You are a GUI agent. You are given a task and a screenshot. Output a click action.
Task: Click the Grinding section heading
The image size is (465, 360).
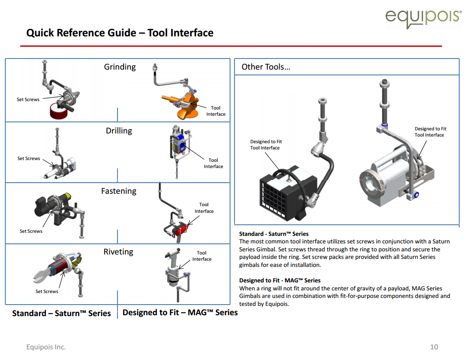click(120, 67)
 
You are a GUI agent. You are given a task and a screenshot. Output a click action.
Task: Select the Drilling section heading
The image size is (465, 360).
click(119, 131)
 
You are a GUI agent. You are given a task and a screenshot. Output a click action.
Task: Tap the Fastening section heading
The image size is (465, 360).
click(118, 191)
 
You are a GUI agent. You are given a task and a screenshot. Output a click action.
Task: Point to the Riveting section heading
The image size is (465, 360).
click(118, 252)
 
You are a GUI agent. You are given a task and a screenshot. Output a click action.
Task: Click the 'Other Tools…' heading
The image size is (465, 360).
click(266, 67)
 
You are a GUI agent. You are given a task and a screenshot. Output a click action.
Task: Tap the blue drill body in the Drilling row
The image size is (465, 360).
click(181, 144)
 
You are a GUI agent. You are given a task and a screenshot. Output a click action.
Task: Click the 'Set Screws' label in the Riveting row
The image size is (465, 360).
click(47, 291)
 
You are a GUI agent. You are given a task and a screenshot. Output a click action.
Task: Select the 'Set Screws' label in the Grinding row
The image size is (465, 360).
click(28, 99)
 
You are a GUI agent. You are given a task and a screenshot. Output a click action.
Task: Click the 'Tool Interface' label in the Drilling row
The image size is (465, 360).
click(213, 163)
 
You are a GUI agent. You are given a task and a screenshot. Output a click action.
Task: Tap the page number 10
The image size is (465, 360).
click(434, 347)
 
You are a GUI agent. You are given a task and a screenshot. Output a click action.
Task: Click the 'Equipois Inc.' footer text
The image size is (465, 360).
click(46, 347)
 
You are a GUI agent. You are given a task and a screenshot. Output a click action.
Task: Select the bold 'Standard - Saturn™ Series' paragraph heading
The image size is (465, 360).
click(274, 234)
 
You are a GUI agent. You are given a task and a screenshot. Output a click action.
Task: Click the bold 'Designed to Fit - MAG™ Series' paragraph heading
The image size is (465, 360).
click(279, 280)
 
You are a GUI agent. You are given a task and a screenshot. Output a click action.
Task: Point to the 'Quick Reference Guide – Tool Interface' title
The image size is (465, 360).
click(120, 33)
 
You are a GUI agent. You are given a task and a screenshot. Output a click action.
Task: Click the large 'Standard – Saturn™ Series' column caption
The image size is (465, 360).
click(61, 313)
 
